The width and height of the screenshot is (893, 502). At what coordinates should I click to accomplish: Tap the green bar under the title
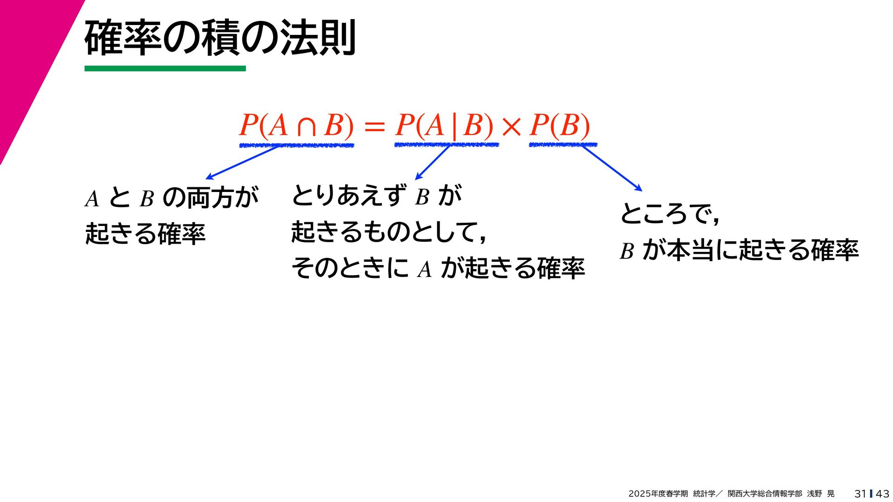coord(165,69)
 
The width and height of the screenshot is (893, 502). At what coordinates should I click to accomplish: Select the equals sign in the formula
coord(374,127)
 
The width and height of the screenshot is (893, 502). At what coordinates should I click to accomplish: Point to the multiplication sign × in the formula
coord(512,127)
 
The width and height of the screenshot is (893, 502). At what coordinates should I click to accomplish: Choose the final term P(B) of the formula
coord(560,125)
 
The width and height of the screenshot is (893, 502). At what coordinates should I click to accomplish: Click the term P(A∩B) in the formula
coord(296,125)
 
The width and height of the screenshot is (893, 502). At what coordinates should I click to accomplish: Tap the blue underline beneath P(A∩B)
coord(296,145)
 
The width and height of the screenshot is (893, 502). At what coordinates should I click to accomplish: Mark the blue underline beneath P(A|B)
coord(446,145)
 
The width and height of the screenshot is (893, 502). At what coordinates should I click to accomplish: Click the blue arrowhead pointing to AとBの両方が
coord(209,177)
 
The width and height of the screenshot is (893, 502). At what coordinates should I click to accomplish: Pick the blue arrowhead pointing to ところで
coord(639,188)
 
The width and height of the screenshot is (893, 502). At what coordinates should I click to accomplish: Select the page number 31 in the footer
coord(860,494)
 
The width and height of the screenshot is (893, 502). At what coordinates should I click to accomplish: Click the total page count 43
coord(882,494)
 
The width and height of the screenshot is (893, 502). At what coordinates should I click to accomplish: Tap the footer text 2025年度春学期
coord(658,494)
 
